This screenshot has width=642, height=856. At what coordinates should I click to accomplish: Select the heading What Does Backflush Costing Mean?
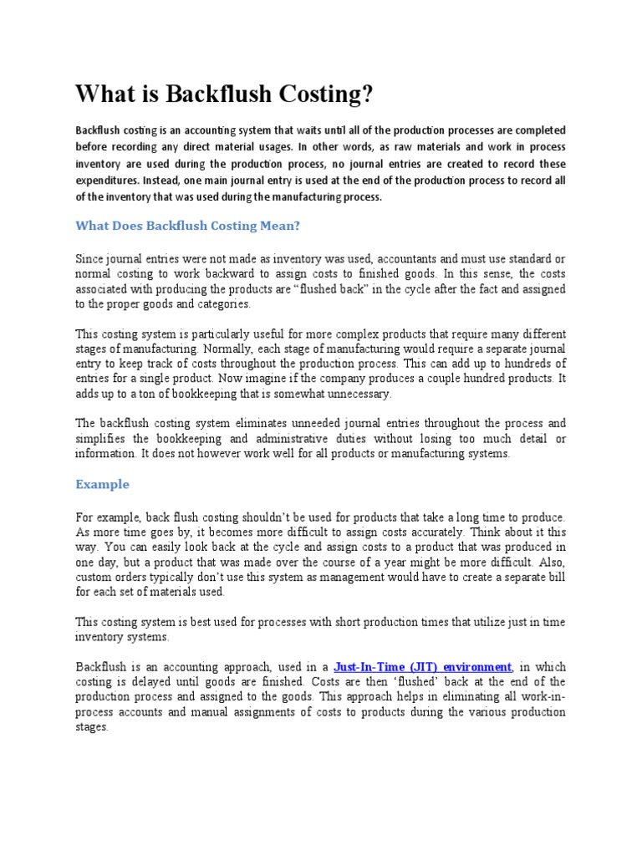[x=187, y=225]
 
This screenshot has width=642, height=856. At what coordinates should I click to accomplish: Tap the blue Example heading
[x=102, y=484]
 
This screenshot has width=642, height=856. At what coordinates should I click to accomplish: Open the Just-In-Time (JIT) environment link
[x=422, y=667]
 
